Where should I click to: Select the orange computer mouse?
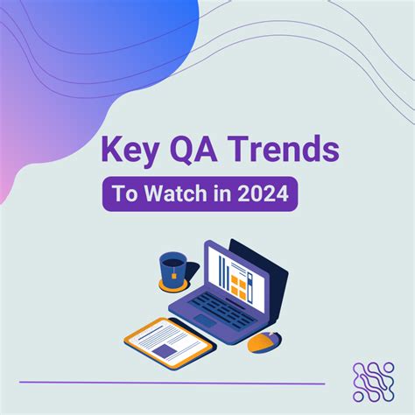[262, 342]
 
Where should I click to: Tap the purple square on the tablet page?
[164, 349]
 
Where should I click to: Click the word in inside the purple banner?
[221, 193]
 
